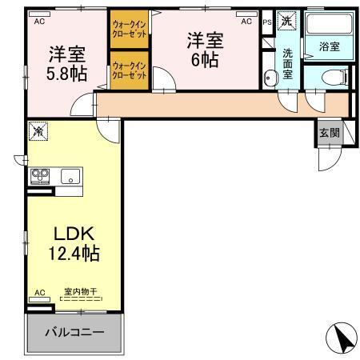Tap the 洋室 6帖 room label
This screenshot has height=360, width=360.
(x=206, y=50)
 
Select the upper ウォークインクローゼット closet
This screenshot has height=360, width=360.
(x=129, y=31)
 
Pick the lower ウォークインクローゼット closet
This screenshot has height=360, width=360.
(x=129, y=70)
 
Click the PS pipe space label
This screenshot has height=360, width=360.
(x=266, y=22)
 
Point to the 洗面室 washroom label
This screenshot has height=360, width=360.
(x=286, y=64)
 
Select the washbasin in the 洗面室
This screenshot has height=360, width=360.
(x=270, y=78)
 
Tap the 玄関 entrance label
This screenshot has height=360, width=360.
(x=328, y=133)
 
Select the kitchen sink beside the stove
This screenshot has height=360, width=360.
(x=67, y=177)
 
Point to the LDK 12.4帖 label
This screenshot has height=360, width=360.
(x=75, y=243)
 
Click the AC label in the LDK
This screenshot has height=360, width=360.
(x=38, y=294)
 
